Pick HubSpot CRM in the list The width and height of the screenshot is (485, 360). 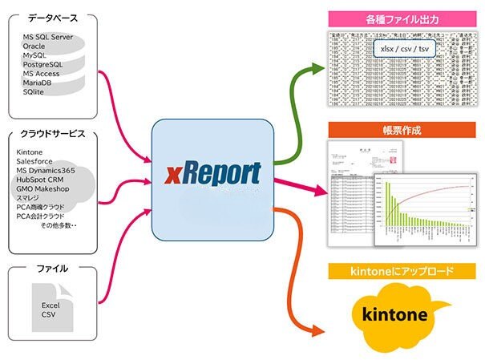[40, 180]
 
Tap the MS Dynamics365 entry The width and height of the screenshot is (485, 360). [49, 170]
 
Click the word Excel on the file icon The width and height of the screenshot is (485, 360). [52, 305]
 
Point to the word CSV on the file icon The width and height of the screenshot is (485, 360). [50, 316]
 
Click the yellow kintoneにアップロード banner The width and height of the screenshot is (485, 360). [402, 272]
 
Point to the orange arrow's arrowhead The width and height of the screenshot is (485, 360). [318, 328]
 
